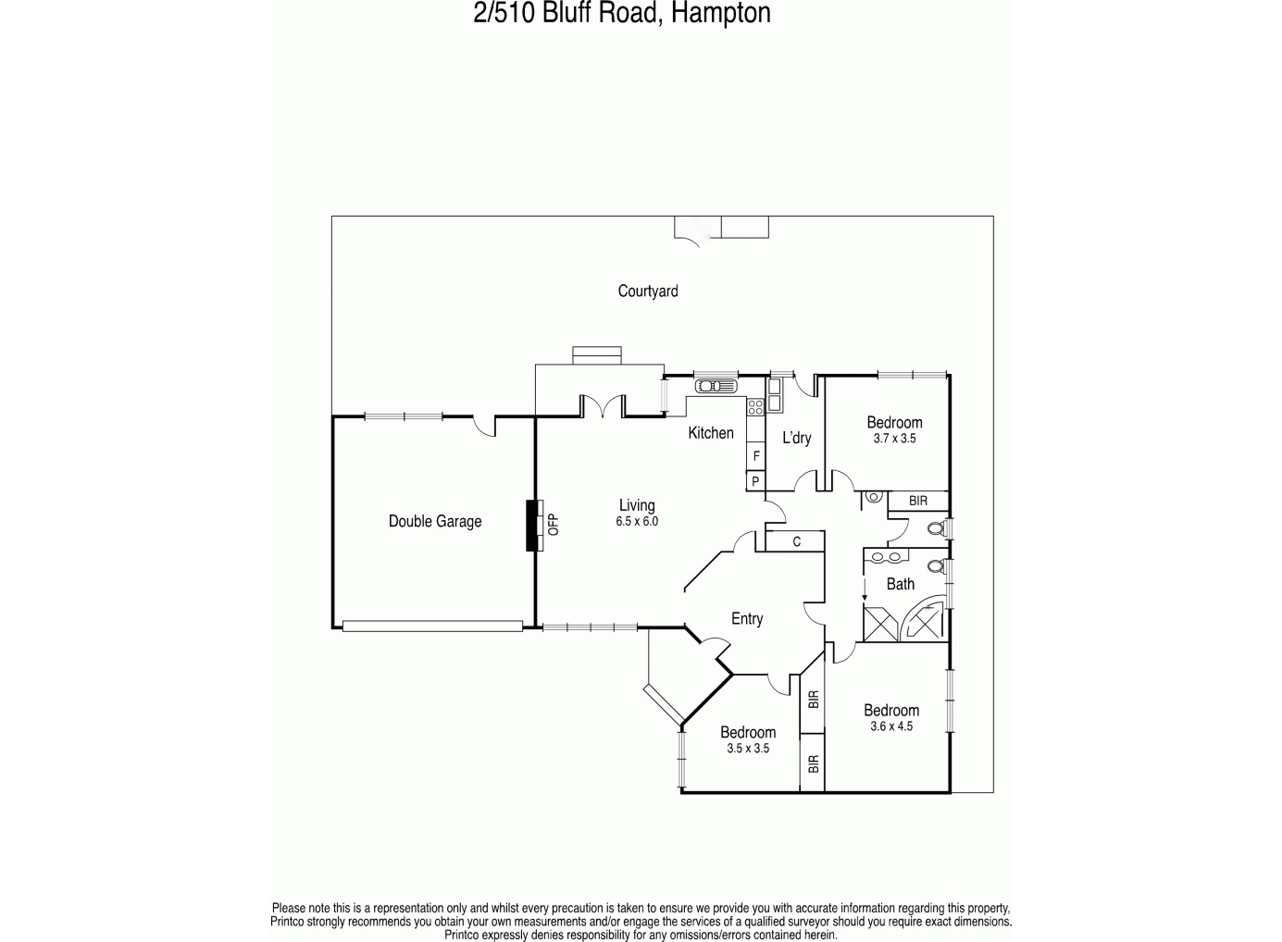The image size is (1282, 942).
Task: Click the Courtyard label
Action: click(648, 291)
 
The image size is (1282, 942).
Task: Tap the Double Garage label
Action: click(435, 521)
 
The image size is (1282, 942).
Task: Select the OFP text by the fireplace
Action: click(554, 525)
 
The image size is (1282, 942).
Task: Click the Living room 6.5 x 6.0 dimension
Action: click(637, 522)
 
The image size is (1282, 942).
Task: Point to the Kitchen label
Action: click(711, 433)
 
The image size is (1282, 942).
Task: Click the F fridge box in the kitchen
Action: click(756, 456)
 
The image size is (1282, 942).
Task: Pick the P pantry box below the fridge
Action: click(756, 481)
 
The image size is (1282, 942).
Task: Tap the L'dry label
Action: click(797, 439)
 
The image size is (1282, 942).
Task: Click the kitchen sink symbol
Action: click(716, 386)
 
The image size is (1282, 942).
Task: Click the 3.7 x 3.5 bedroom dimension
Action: click(894, 439)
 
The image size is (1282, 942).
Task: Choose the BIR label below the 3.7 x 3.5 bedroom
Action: click(918, 502)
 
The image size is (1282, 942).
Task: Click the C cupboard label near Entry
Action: click(797, 541)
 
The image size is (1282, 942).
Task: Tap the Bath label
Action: click(901, 584)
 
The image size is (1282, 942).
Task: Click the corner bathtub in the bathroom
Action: click(923, 619)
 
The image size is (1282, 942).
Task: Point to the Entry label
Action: click(748, 619)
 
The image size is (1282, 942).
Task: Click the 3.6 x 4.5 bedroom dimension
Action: click(891, 726)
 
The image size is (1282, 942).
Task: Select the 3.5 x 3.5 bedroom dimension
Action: click(748, 749)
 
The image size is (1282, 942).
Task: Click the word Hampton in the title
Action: click(720, 13)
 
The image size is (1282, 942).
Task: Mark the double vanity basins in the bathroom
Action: click(886, 556)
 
